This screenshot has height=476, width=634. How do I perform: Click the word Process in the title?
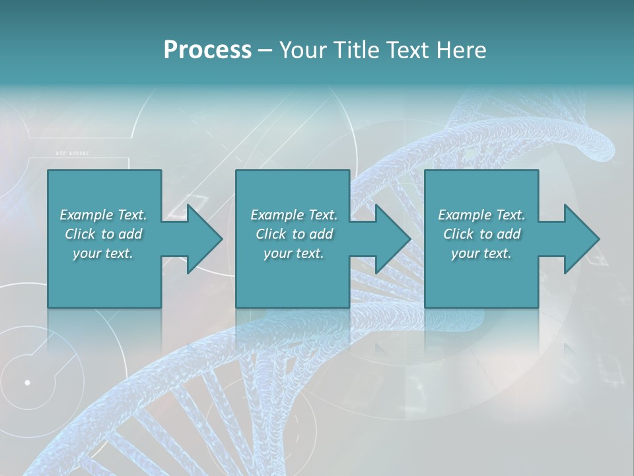click(207, 50)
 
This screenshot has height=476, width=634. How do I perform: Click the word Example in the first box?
click(87, 215)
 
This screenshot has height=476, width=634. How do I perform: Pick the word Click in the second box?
click(271, 234)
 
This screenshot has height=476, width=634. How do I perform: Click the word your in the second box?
click(277, 253)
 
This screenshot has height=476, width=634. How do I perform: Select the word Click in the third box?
click(458, 234)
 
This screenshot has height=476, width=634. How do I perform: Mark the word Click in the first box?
click(80, 234)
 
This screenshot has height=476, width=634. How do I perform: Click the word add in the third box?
click(509, 234)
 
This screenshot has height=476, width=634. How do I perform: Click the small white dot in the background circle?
click(27, 382)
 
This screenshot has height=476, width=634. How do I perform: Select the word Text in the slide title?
click(407, 50)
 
